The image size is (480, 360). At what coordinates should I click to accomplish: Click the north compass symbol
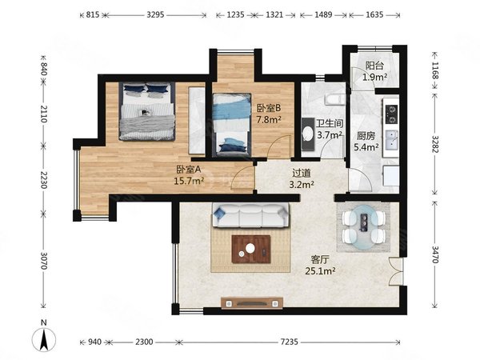pyautogui.click(x=44, y=338)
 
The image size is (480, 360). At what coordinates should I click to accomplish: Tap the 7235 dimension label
pyautogui.click(x=289, y=342)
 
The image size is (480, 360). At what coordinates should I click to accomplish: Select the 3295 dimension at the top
pyautogui.click(x=155, y=14)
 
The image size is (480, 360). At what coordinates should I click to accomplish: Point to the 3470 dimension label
pyautogui.click(x=435, y=254)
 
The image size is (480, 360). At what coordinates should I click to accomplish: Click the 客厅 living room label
pyautogui.click(x=319, y=260)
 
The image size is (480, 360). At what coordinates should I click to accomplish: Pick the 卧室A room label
pyautogui.click(x=189, y=170)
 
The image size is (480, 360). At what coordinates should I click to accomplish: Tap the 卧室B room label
pyautogui.click(x=269, y=108)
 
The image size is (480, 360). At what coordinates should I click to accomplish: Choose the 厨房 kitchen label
pyautogui.click(x=366, y=136)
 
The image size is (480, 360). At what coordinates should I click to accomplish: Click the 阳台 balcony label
pyautogui.click(x=374, y=66)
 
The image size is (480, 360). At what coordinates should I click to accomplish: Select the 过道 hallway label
pyautogui.click(x=302, y=173)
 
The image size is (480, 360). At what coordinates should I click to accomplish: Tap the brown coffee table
pyautogui.click(x=251, y=249)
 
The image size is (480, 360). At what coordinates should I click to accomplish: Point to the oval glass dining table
pyautogui.click(x=363, y=227)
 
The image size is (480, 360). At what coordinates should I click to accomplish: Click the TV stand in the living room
pyautogui.click(x=252, y=303)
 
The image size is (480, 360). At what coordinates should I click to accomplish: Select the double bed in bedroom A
pyautogui.click(x=147, y=111)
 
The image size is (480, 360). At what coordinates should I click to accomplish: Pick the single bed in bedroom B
pyautogui.click(x=232, y=125)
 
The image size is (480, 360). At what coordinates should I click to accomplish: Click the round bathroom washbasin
pyautogui.click(x=308, y=134)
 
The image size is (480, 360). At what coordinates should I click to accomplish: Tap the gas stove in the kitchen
pyautogui.click(x=391, y=114)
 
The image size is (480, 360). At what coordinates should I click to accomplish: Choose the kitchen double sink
pyautogui.click(x=391, y=140)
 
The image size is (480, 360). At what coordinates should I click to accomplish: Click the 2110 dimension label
pyautogui.click(x=43, y=114)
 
